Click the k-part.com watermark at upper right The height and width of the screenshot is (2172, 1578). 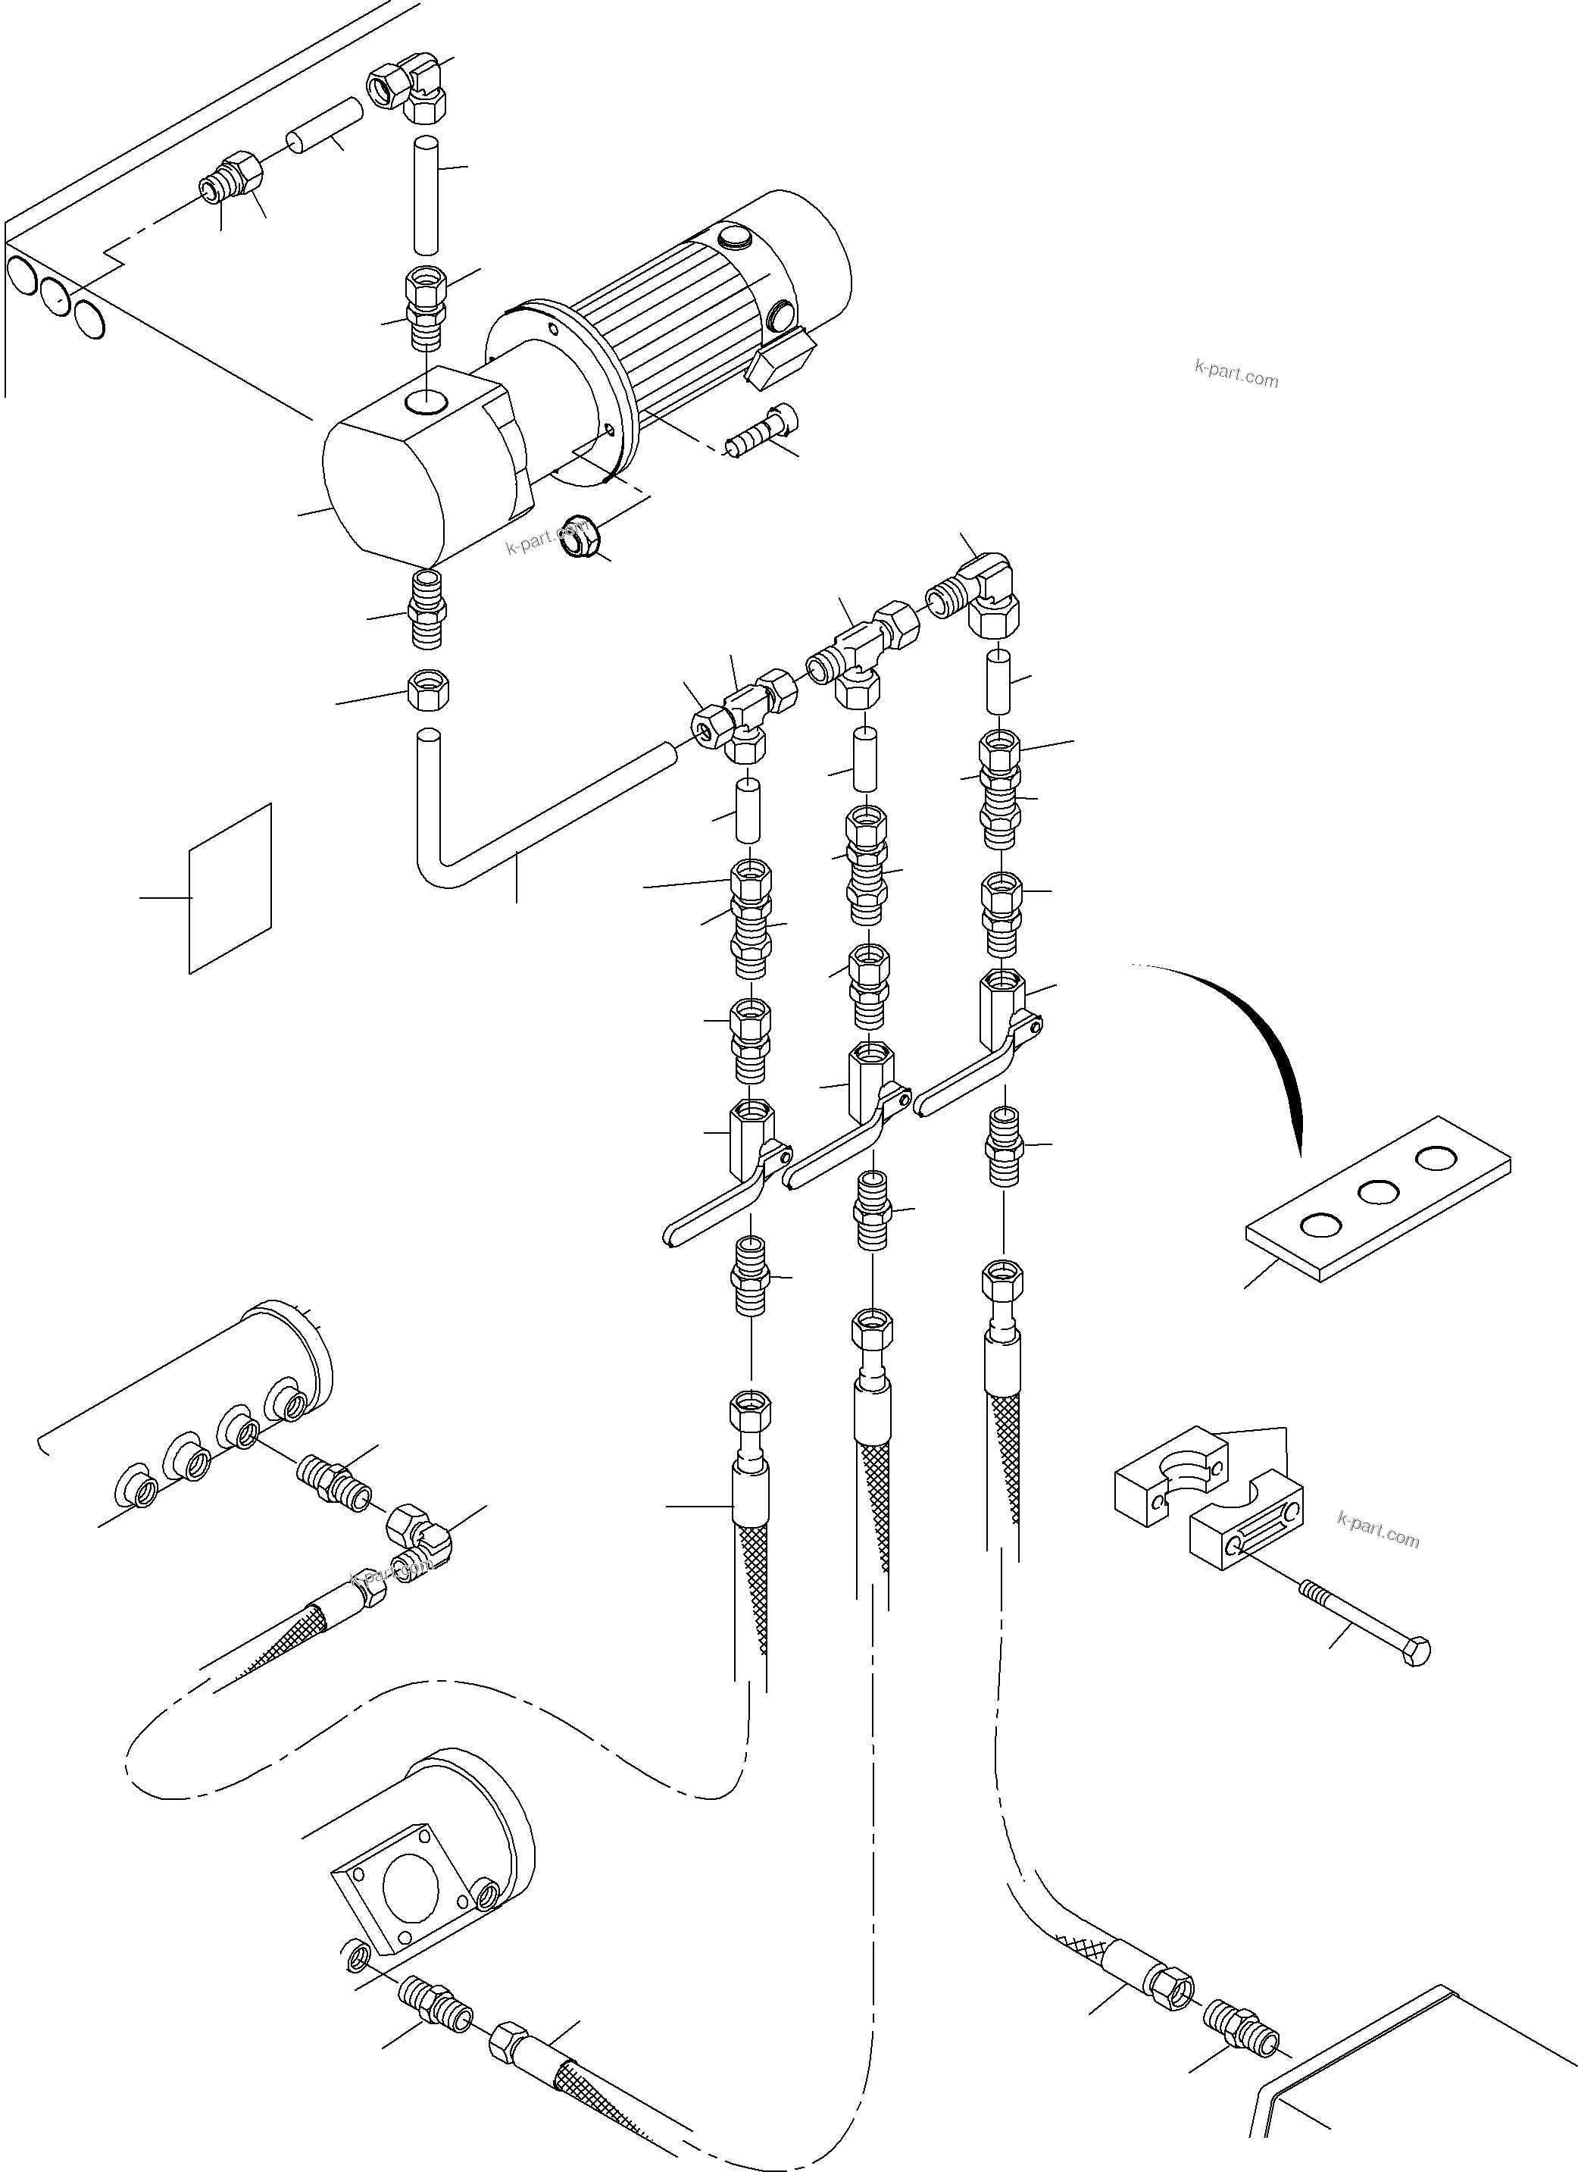click(x=1236, y=373)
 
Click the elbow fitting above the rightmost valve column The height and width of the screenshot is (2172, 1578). click(x=986, y=593)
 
